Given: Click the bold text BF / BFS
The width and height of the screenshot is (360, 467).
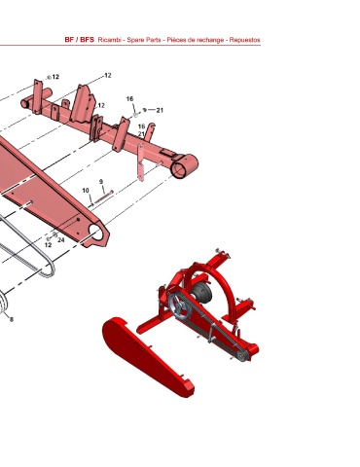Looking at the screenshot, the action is coord(80,40).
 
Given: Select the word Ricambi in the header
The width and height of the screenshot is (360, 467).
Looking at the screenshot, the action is coord(110,40).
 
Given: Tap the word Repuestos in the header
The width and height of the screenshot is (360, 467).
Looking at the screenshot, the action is coord(245,40).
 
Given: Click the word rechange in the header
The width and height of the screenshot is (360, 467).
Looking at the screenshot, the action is coord(210,40).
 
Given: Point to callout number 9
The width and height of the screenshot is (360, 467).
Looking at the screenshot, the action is coord(101,182).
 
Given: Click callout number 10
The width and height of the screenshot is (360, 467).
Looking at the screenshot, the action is coord(86,191).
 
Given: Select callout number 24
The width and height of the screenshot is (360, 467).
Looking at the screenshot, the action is coord(61,240).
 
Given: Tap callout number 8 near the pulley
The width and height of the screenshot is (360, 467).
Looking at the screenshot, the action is coord(12,320).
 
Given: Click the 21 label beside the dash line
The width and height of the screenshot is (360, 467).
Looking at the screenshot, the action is coord(160,110).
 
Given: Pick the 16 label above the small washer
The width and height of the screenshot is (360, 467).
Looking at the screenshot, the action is coord(129,98).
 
